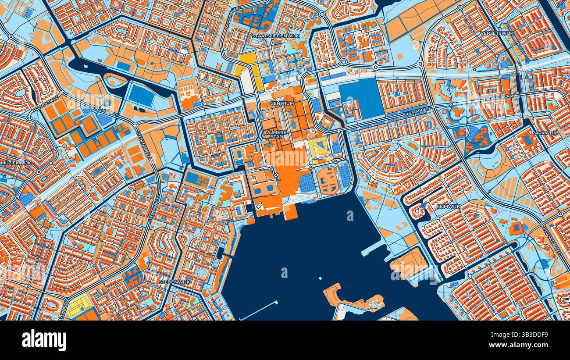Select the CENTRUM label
[x=282, y=103]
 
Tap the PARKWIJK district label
[x=544, y=132]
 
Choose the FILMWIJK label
[x=449, y=206]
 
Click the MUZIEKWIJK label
[x=16, y=162]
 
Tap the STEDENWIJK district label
[x=175, y=282]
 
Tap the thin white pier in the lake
[x=258, y=310]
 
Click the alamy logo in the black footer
[x=44, y=341]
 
